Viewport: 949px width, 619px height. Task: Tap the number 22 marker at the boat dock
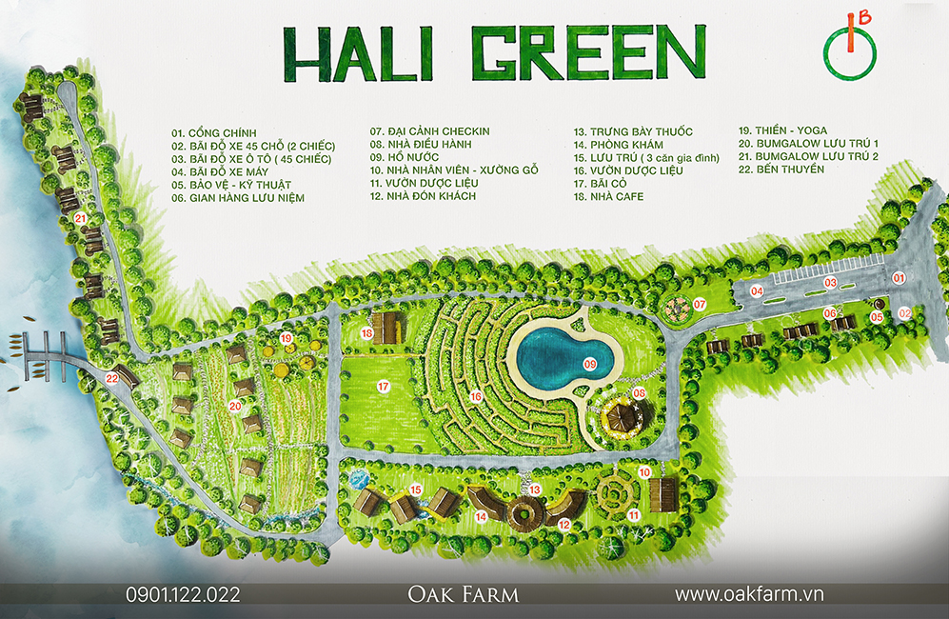click(112, 378)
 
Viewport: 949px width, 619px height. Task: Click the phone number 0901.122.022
click(183, 594)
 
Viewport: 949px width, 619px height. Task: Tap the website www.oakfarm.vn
click(748, 594)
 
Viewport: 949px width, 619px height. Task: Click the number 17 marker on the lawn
click(384, 387)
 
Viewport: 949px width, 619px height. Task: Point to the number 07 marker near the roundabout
click(699, 305)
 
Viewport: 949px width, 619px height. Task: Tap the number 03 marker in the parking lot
click(830, 282)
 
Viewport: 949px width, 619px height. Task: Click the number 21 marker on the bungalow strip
click(81, 218)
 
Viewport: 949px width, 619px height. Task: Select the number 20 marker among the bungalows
click(234, 406)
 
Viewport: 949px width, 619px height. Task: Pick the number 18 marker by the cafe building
click(367, 332)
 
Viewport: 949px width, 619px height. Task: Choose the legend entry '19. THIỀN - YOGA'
click(782, 130)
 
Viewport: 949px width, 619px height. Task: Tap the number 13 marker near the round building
click(535, 489)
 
